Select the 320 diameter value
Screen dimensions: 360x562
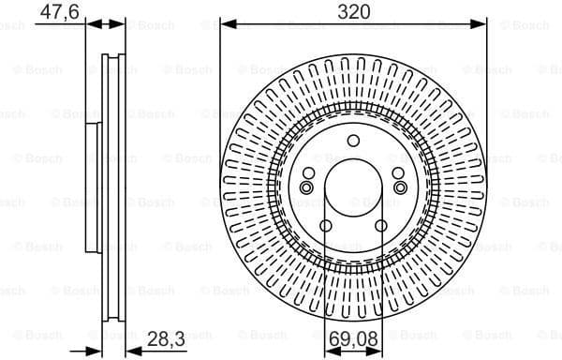coord(354,12)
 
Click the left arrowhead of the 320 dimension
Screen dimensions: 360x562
coord(225,25)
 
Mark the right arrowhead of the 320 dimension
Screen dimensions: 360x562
coord(482,25)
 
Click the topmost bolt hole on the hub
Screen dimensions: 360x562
coord(353,142)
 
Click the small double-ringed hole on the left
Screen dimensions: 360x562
coord(306,188)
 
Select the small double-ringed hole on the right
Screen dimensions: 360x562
coord(400,188)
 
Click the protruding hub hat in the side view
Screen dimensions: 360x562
coord(91,187)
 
